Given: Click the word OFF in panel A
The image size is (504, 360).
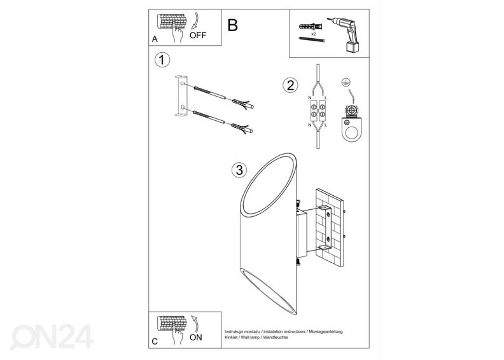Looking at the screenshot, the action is (x=198, y=36).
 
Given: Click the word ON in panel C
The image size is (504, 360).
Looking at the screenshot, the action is (x=196, y=338).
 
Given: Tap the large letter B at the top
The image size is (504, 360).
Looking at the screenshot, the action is (x=232, y=25).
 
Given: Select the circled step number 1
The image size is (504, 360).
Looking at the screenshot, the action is (x=162, y=60).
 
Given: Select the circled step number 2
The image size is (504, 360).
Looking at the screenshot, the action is (x=290, y=85).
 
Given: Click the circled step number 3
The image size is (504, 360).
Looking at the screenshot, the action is (x=239, y=170).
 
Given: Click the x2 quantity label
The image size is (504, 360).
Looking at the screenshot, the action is (x=313, y=34).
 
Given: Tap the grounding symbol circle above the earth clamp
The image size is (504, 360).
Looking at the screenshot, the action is (x=346, y=82).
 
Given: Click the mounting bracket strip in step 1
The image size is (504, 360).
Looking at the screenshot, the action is (x=181, y=95).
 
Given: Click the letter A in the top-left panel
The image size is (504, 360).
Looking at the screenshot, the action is (x=155, y=39).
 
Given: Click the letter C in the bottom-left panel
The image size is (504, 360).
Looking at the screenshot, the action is (x=155, y=342).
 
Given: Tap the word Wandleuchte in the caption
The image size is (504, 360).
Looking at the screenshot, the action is (x=277, y=338).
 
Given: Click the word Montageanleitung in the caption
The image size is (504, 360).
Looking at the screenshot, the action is (x=326, y=332).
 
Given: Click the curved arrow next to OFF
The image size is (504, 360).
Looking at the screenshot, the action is (x=195, y=21).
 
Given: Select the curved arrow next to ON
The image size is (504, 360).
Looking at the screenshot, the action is (x=195, y=323).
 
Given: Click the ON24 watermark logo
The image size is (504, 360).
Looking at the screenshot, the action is (x=52, y=336).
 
